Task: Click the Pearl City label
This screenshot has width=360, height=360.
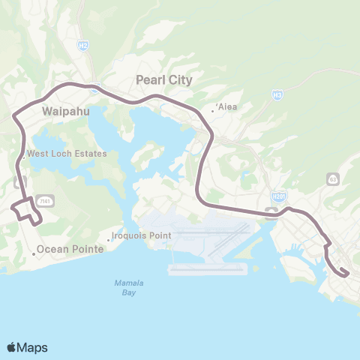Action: [163, 79]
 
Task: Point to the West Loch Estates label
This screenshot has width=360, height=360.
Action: [67, 154]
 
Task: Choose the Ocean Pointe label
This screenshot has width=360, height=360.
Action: [70, 249]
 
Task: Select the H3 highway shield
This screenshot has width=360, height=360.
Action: [277, 94]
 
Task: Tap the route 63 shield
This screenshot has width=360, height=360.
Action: [332, 178]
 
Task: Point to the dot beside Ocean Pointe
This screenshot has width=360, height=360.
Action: [34, 253]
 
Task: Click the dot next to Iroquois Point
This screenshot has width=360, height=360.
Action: [108, 239]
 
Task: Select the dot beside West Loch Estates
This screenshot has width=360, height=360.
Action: [23, 157]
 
